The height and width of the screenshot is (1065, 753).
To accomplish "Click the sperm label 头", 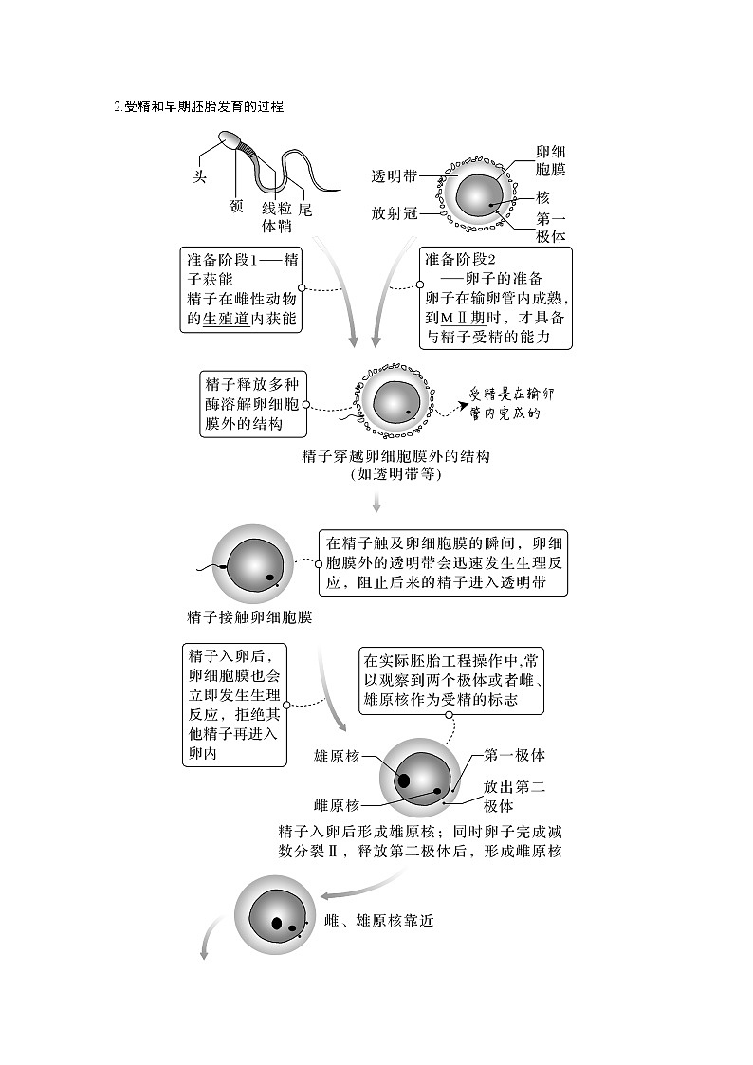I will (199, 177).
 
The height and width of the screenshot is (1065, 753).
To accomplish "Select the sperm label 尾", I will (305, 209).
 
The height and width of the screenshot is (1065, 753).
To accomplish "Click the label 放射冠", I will (394, 213).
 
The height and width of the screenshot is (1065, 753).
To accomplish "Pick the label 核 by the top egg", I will (542, 197).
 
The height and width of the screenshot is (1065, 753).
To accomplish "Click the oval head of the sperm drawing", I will (230, 141).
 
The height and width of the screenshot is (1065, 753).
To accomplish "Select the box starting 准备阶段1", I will (241, 289).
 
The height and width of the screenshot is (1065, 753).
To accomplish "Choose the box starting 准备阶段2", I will (496, 298).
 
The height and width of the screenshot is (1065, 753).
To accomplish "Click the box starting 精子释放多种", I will (251, 404).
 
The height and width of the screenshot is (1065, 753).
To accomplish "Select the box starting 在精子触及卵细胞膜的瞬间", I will (443, 562).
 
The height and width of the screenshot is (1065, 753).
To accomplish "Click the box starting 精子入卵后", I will (234, 705).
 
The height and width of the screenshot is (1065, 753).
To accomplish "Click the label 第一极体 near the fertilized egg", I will (514, 755).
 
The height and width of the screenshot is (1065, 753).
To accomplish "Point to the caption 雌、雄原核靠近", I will (378, 921).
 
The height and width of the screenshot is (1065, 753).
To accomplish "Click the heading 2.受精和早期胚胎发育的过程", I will (198, 107).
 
